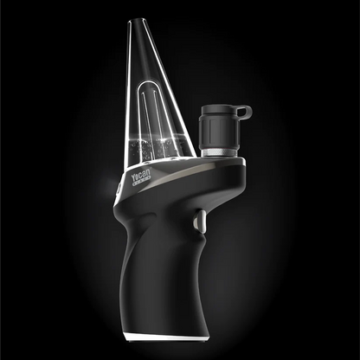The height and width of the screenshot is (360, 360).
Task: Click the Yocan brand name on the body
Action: pyautogui.click(x=141, y=177)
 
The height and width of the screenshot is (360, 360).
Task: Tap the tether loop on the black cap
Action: pyautogui.click(x=244, y=111)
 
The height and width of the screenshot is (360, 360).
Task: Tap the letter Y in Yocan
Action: pyautogui.click(x=133, y=180)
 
